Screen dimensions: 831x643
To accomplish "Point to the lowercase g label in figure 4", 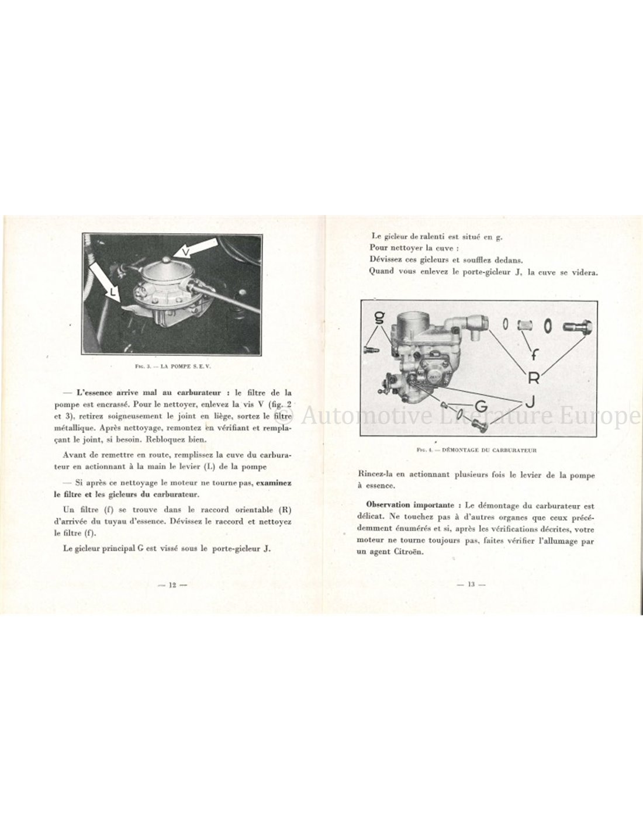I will pyautogui.click(x=379, y=318).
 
